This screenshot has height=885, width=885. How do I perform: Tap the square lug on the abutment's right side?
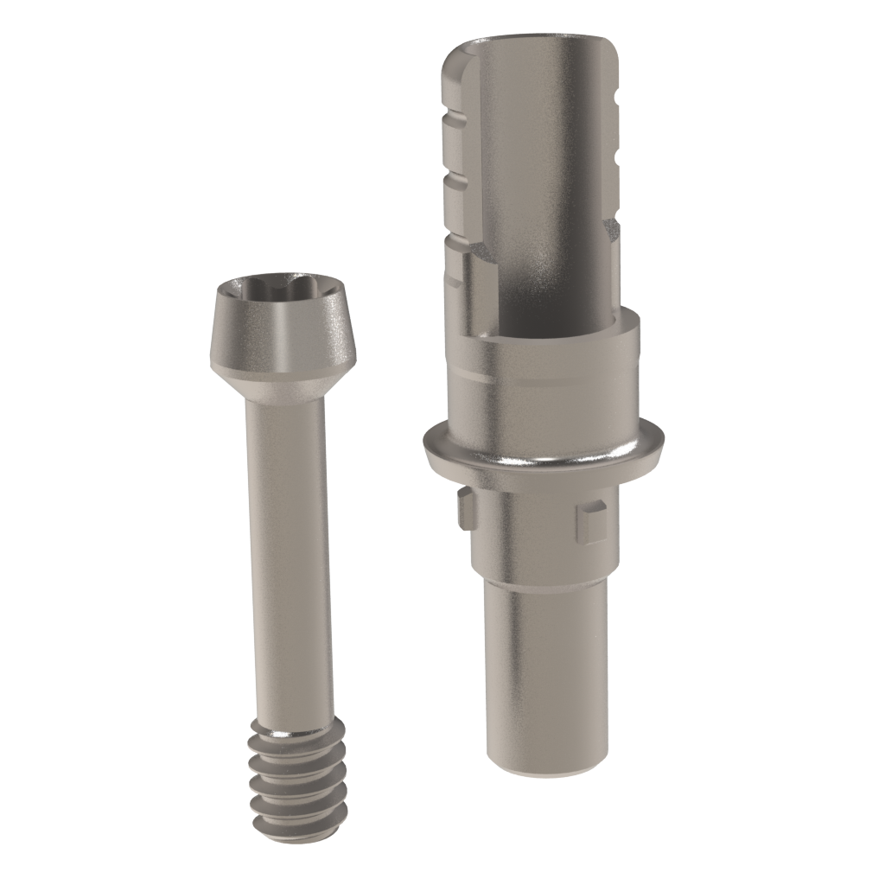tap(591, 522)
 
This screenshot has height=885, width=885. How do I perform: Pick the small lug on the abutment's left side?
tap(466, 508)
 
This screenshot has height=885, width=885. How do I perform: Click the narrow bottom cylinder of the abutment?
tap(544, 674)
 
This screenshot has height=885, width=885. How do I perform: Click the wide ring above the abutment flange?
tap(553, 380)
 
